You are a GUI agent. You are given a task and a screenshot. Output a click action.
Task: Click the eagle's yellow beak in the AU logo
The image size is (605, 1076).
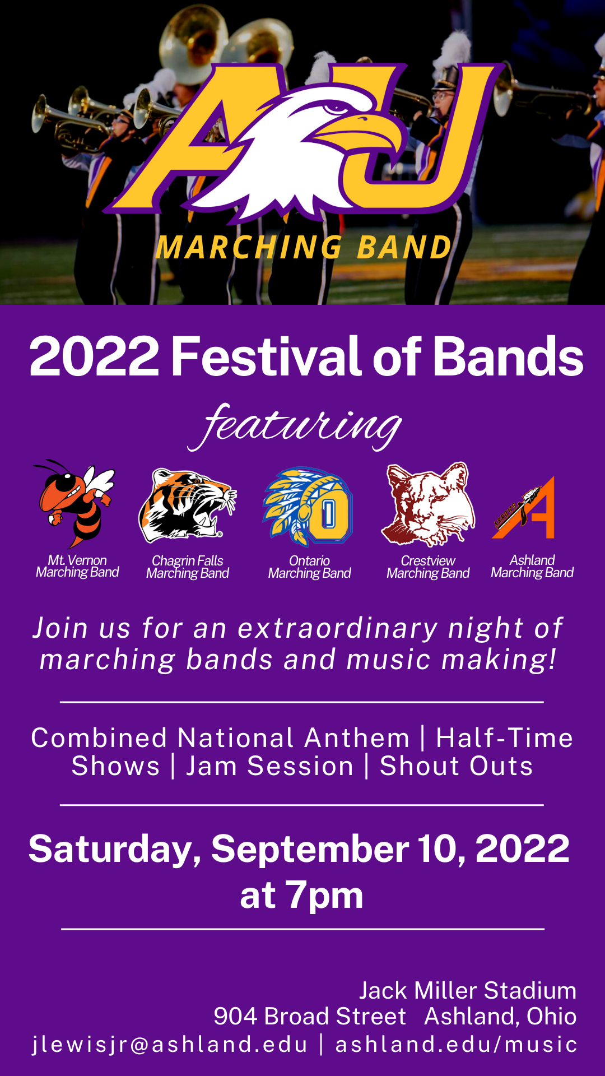click(359, 132)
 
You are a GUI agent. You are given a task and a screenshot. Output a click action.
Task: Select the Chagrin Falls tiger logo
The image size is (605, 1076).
click(188, 506)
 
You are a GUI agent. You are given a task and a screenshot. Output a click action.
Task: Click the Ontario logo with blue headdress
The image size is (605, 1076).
click(308, 507)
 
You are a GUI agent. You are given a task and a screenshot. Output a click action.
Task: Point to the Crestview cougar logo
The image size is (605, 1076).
click(428, 504)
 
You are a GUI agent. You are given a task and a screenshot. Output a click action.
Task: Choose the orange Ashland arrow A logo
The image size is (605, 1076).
click(523, 508)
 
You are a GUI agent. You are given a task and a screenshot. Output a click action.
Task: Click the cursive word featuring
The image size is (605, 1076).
click(295, 426)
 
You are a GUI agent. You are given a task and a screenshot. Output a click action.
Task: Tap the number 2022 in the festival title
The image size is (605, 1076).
click(94, 356)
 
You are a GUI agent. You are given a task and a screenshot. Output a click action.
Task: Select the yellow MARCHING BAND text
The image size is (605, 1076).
click(304, 247)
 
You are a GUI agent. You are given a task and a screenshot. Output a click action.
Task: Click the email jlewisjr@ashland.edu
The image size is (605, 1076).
click(170, 1045)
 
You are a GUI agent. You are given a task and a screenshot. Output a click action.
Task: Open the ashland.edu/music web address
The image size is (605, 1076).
click(456, 1045)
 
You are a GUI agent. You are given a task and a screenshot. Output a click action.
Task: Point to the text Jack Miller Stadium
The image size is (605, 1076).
click(468, 990)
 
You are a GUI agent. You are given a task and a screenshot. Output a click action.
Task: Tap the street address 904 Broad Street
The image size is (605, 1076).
click(310, 1016)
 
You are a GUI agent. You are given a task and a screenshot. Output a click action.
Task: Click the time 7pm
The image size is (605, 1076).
click(324, 895)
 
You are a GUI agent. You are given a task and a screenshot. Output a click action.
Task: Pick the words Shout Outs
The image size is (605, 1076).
click(456, 766)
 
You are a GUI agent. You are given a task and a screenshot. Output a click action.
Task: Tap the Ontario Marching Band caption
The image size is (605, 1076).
click(309, 567)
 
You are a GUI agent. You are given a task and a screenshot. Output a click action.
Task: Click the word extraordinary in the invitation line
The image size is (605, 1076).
click(338, 628)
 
